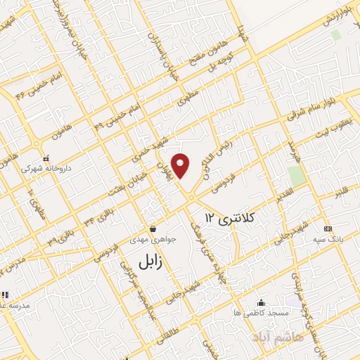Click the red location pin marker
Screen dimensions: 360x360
pos(181,165)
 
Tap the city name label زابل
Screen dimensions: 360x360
pos(145,264)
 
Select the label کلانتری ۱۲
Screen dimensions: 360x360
pos(229,219)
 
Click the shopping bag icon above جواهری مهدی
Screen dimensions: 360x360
pos(153,229)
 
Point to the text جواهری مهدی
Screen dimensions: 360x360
pos(153,240)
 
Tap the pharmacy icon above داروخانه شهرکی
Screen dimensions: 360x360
pos(46,158)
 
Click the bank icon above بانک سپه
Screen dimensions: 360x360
pos(327,229)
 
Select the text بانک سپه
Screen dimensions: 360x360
pos(326,240)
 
